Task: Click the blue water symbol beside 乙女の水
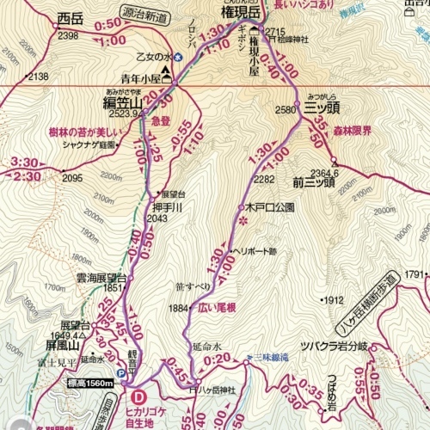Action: pos(179,57)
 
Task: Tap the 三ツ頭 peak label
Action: pos(322,109)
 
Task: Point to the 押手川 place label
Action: pos(168,206)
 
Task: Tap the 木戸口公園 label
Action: pos(269,208)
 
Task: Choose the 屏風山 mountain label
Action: pos(64,345)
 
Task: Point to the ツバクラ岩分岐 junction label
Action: pos(333,346)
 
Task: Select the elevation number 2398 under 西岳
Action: pos(68,35)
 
